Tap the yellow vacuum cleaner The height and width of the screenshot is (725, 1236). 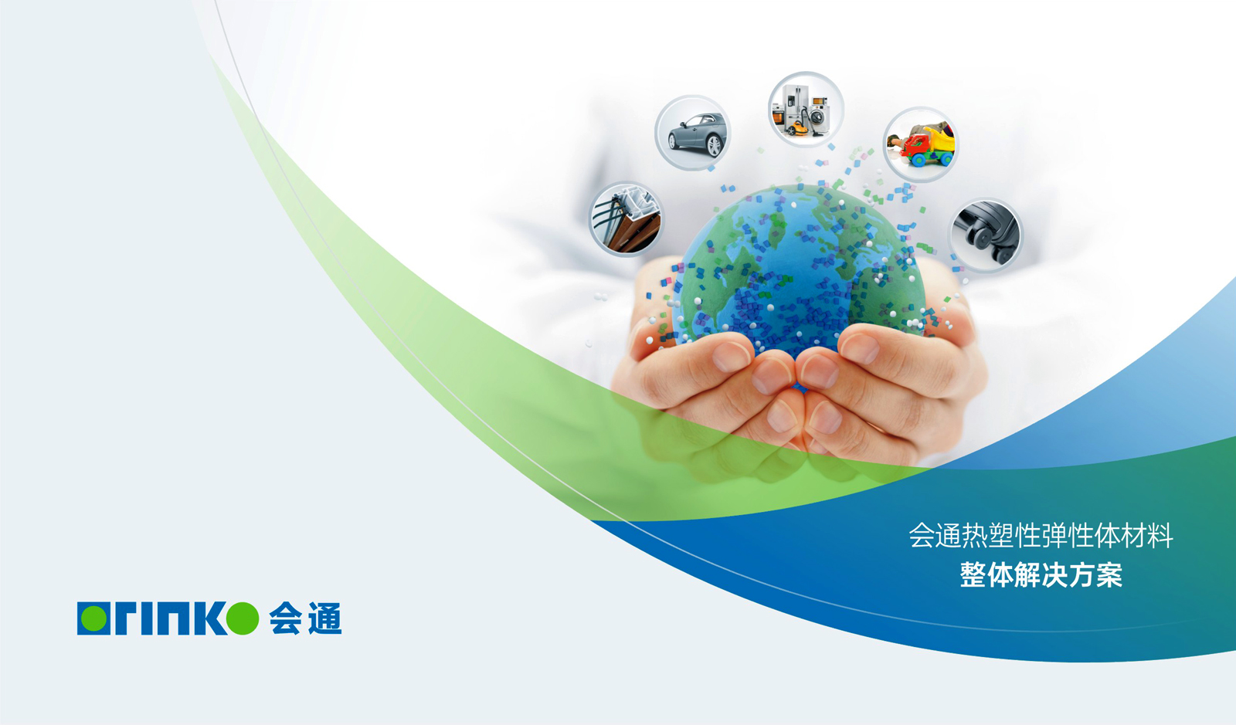[x=795, y=128]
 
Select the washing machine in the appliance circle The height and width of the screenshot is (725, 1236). [x=819, y=115]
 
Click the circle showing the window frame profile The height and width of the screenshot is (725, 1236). [x=626, y=219]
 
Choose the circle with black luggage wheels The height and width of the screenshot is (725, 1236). [x=986, y=235]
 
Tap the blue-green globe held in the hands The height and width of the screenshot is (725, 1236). [x=799, y=270]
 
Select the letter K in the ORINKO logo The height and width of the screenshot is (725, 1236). [x=209, y=618]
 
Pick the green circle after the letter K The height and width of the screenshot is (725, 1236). [x=243, y=618]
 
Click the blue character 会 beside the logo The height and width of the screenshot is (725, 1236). [x=285, y=618]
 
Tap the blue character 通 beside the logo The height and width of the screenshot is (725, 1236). [x=325, y=618]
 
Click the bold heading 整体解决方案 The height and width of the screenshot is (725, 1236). [x=1041, y=575]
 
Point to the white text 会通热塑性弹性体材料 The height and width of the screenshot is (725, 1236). [x=1041, y=535]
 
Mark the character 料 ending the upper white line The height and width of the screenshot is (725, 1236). [x=1160, y=535]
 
